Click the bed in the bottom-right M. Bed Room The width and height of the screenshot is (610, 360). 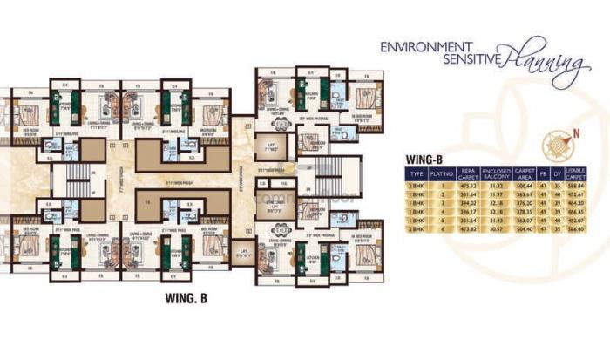click(367, 255)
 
